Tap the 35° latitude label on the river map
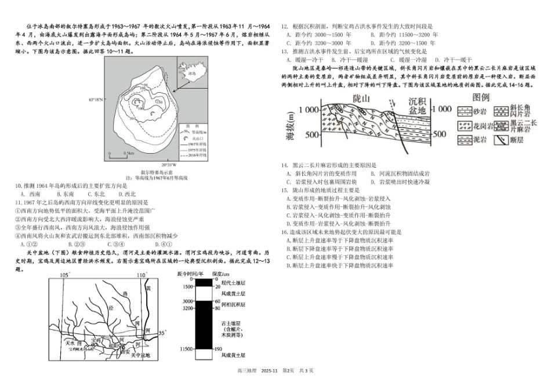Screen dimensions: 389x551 click(162, 333)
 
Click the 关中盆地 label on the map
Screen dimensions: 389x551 click(139, 355)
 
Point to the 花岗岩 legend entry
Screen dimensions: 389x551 click(480, 123)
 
